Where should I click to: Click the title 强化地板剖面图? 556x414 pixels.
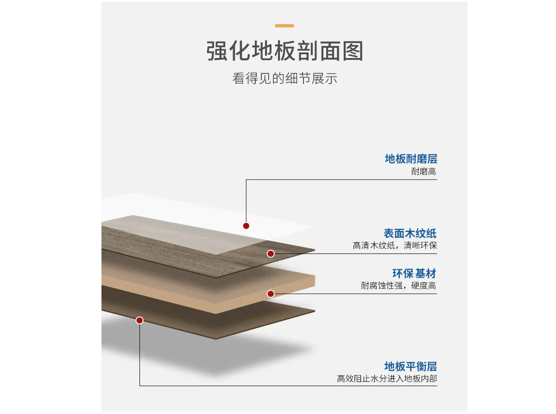[x=284, y=51]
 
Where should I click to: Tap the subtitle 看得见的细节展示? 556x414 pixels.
[x=284, y=78]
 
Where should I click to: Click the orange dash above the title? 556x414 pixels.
[x=284, y=26]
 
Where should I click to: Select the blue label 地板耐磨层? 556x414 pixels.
[x=411, y=159]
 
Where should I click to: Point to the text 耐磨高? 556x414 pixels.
[x=423, y=172]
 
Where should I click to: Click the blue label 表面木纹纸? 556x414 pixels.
[x=410, y=233]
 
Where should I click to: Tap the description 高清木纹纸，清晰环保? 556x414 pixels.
[x=394, y=246]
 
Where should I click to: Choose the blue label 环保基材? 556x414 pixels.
[x=414, y=273]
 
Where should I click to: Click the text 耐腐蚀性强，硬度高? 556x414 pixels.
[x=398, y=286]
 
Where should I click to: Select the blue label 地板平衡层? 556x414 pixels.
[x=411, y=367]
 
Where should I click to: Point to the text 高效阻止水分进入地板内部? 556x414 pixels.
[x=386, y=379]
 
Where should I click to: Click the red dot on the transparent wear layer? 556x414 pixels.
[x=246, y=226]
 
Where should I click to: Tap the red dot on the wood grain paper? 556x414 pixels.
[x=271, y=253]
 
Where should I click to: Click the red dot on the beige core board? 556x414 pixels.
[x=271, y=293]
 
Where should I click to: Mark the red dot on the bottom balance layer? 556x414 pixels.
[x=139, y=320]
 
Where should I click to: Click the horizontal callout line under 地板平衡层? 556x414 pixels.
[x=287, y=386]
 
